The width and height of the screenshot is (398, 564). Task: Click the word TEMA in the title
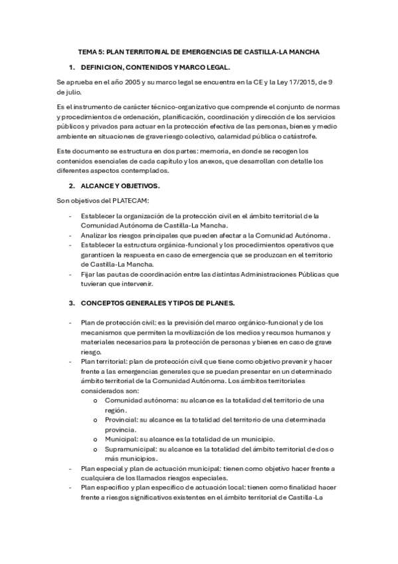[87, 51]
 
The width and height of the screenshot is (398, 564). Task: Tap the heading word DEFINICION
[105, 68]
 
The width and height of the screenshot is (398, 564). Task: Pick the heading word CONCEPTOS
[108, 303]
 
